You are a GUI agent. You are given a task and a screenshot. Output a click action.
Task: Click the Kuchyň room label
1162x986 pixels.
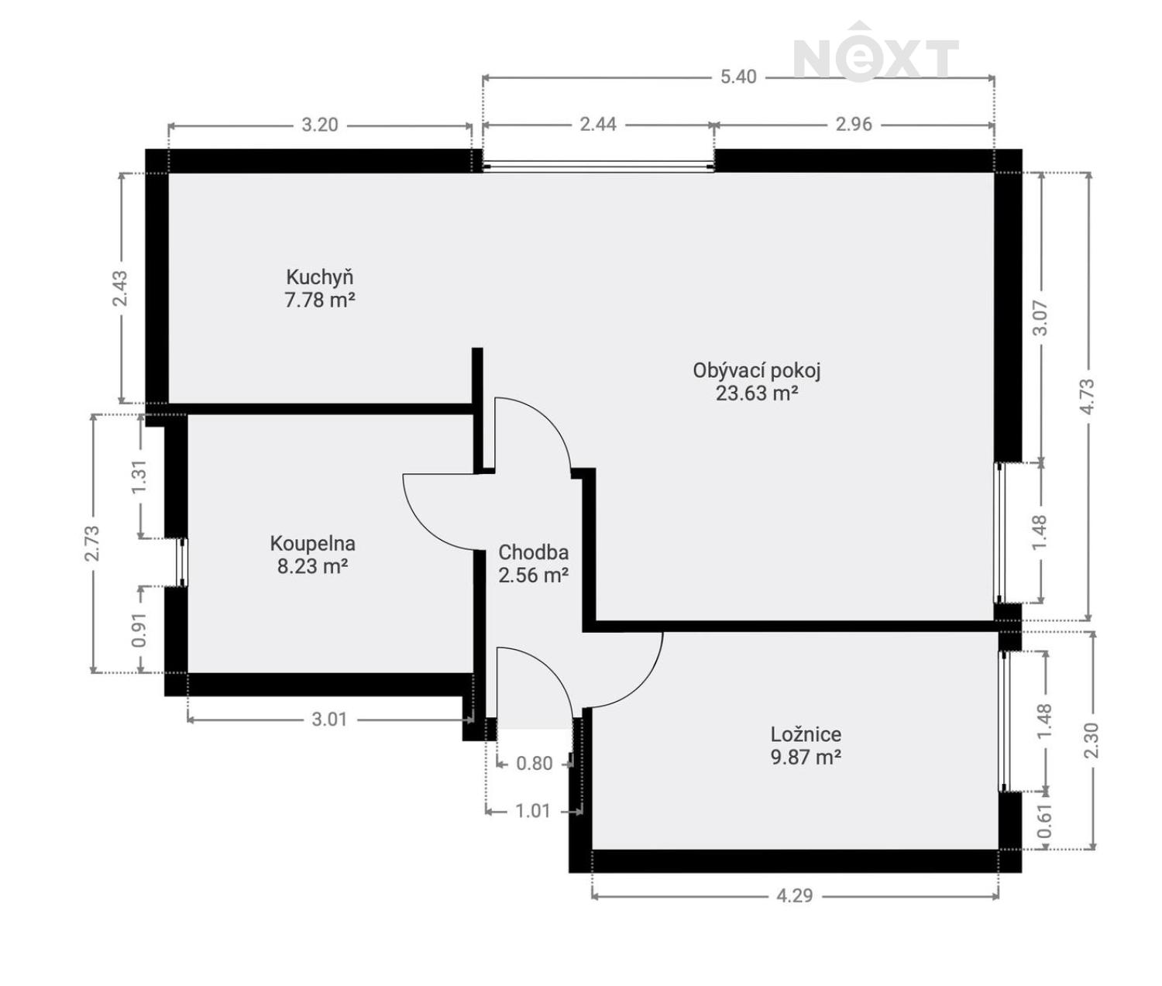click(319, 277)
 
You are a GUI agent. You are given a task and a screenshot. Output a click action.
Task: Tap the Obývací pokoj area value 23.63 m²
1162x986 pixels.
click(756, 393)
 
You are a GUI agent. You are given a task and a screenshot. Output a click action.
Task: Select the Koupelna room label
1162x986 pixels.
click(312, 544)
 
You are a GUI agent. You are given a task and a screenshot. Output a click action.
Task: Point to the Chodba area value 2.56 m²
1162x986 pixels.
click(533, 575)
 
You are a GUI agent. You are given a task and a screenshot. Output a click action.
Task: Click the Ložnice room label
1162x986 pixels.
click(806, 734)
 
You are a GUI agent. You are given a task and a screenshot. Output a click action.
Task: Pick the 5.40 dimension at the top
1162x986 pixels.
click(737, 77)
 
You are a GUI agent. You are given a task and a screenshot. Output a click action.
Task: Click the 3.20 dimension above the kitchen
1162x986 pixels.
click(319, 125)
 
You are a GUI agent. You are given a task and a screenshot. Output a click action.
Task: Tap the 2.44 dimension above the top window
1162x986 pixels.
click(598, 124)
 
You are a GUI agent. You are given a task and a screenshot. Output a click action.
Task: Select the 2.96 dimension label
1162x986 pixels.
click(854, 124)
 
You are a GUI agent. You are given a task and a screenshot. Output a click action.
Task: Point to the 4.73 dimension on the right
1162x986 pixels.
click(1088, 396)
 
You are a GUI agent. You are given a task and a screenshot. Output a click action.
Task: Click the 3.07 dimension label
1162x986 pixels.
click(1040, 318)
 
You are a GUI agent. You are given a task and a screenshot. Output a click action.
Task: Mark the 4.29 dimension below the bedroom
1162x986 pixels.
click(795, 895)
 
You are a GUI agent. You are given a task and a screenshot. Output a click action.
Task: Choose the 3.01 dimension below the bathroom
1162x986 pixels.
click(329, 720)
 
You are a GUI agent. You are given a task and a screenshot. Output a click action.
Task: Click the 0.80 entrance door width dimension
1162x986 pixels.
click(535, 764)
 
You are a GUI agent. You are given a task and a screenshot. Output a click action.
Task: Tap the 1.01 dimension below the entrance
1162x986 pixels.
click(532, 811)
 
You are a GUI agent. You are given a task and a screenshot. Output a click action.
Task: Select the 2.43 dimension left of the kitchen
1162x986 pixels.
click(121, 287)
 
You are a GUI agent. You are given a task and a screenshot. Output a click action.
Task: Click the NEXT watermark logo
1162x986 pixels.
click(875, 54)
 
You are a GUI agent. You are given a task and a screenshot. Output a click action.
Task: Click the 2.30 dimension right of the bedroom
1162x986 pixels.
click(1092, 740)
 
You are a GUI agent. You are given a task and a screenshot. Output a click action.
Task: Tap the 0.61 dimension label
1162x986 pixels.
click(1045, 822)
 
